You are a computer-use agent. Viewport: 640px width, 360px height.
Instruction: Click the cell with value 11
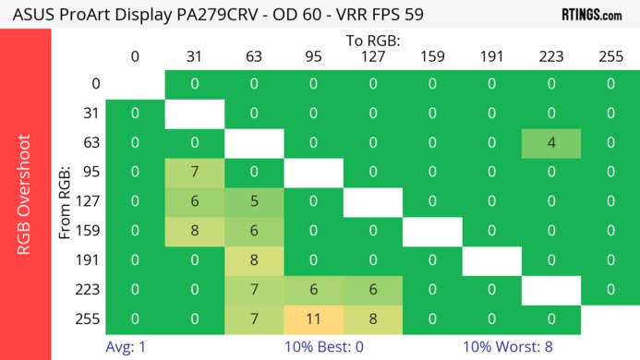coord(313,318)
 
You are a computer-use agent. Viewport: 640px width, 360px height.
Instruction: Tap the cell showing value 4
coord(551,143)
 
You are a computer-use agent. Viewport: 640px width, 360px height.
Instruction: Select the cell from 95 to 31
coord(195,172)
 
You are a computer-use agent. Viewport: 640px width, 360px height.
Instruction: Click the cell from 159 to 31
coord(195,231)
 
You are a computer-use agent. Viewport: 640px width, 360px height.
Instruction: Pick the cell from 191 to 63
coord(254,260)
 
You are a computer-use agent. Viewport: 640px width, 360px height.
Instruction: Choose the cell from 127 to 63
coord(254,201)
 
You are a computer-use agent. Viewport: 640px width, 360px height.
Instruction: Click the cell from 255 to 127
coord(372,318)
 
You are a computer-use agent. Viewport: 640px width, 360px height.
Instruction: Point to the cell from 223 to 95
coord(313,290)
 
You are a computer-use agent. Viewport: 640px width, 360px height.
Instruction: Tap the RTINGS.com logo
coord(591,15)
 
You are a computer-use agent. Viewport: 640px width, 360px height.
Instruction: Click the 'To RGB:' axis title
coord(373,40)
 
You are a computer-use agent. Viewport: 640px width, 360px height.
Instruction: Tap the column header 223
coord(551,56)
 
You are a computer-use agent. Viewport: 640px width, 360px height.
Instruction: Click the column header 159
coord(432,56)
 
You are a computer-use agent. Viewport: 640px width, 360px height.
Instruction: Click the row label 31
coord(91,114)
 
